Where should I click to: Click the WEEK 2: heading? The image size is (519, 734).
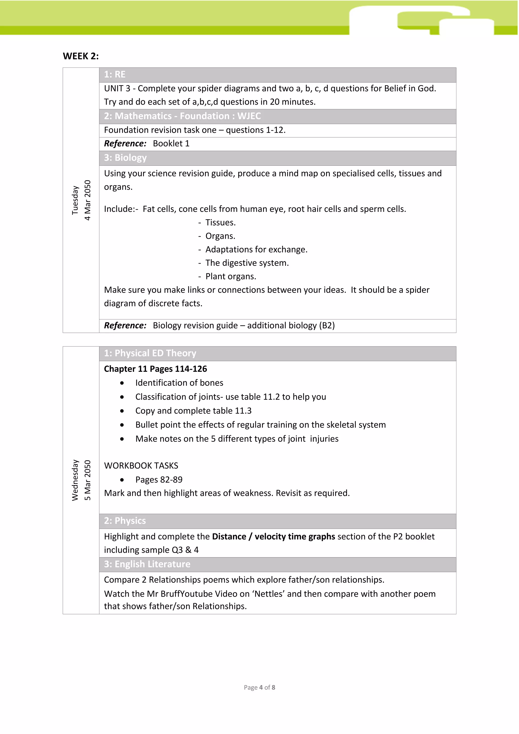point(81,56)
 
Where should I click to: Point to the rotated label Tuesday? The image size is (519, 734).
point(75,200)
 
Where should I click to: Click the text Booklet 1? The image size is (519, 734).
point(171,143)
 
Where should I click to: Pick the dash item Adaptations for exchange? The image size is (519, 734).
point(256,249)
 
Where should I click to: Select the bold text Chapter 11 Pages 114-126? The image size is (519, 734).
point(155,369)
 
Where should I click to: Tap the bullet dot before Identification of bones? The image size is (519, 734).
point(122,383)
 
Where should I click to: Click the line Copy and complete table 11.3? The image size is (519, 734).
point(193,411)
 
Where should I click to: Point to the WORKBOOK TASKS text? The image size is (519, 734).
point(141,466)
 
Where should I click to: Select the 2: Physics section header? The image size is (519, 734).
point(125,521)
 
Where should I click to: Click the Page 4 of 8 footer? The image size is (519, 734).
point(259,687)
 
